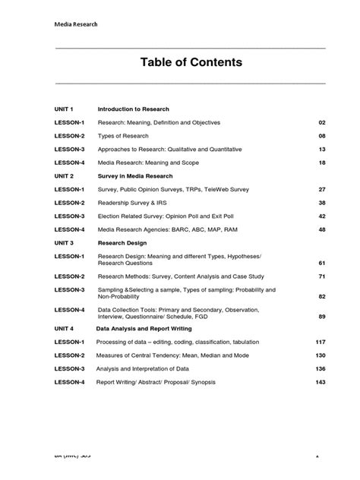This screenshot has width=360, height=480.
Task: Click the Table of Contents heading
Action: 191,62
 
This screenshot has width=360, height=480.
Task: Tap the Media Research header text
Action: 76,24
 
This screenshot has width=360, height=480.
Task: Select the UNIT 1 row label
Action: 66,109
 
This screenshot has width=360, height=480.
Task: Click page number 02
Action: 321,122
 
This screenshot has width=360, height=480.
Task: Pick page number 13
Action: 321,150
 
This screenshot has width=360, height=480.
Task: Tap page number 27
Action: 321,189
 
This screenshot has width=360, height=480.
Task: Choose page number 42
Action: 321,216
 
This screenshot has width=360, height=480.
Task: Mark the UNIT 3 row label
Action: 66,243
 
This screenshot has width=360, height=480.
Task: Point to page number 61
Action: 321,262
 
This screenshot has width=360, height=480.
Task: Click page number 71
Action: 321,276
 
